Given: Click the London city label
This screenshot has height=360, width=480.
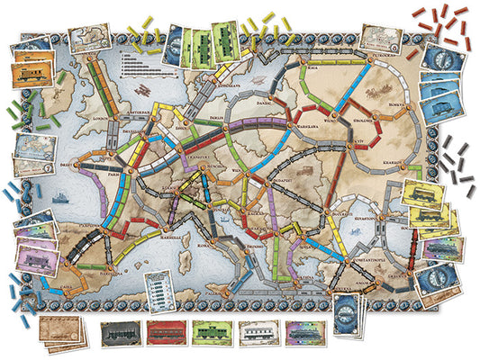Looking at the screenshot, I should click(95, 118).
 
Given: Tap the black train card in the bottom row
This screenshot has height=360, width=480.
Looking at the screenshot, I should click(118, 334).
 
